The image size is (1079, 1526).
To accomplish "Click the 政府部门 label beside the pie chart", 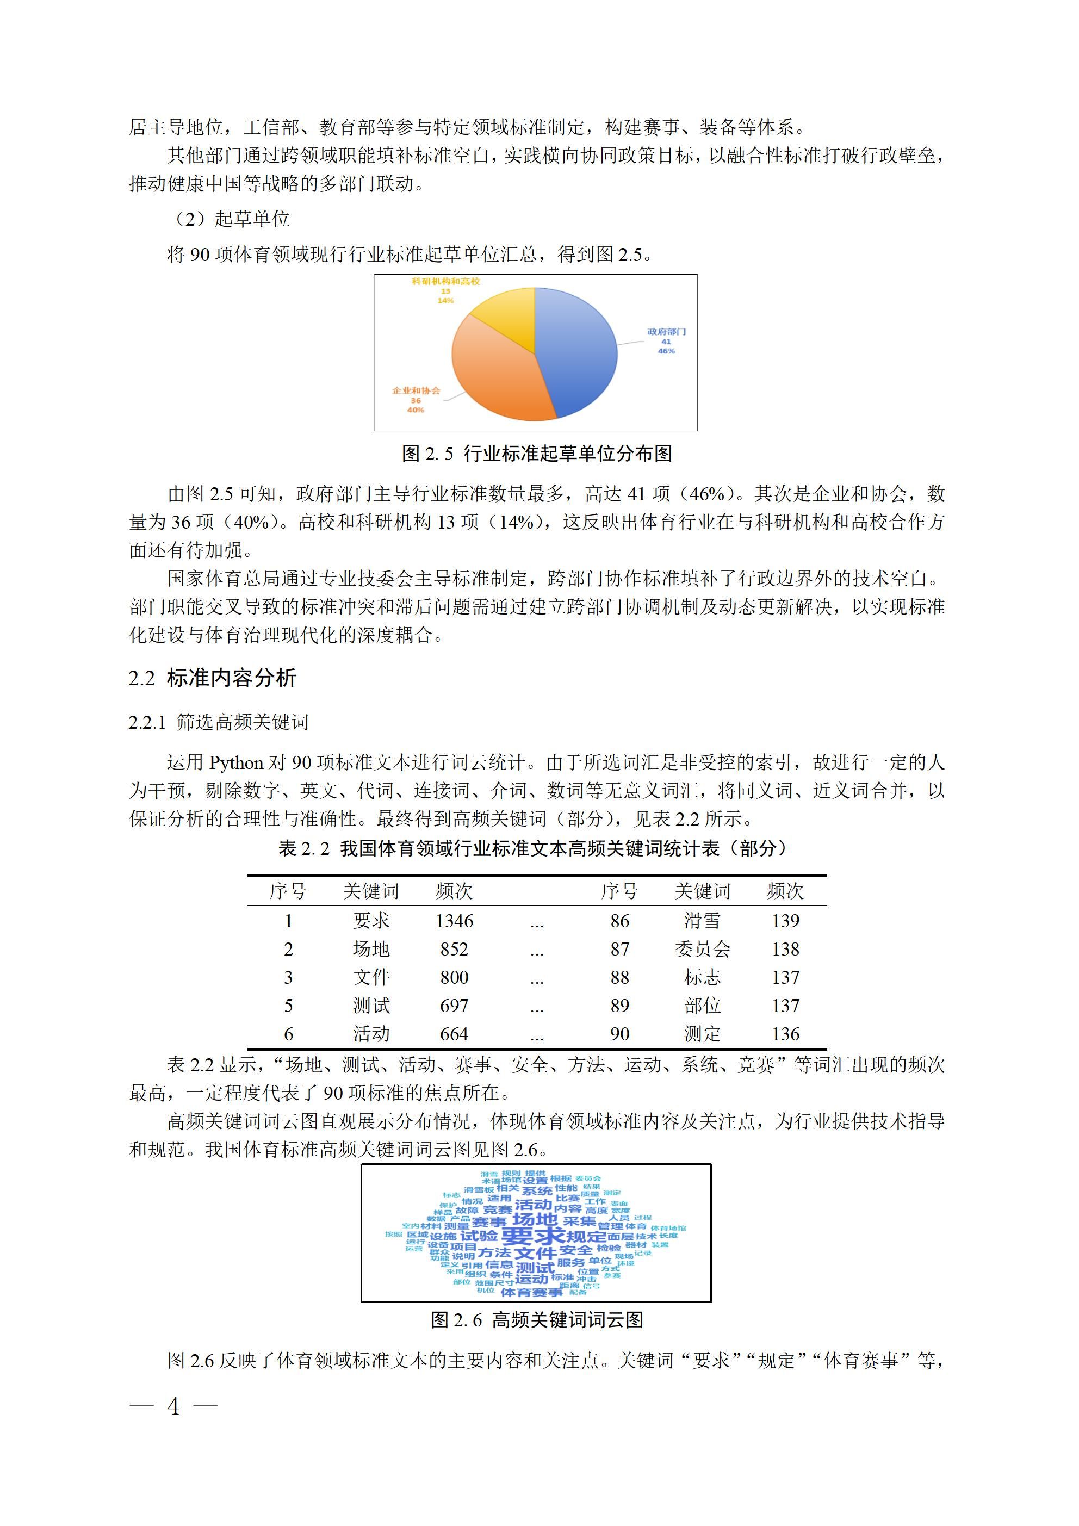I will point(666,332).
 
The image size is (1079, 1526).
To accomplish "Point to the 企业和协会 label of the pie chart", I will point(416,390).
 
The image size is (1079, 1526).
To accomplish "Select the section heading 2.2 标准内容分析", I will point(212,678).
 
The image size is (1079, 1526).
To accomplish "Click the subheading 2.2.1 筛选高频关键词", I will point(218,722).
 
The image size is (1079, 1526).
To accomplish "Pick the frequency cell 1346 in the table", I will point(454,921).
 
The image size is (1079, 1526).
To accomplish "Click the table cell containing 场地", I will point(371,949).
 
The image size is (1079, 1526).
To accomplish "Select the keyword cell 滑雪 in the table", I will point(702,921).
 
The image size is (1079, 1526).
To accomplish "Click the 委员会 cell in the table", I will point(702,949).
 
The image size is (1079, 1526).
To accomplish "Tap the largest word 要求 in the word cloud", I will point(532,1236).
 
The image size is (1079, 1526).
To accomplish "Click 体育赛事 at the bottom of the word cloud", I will point(531,1306).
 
